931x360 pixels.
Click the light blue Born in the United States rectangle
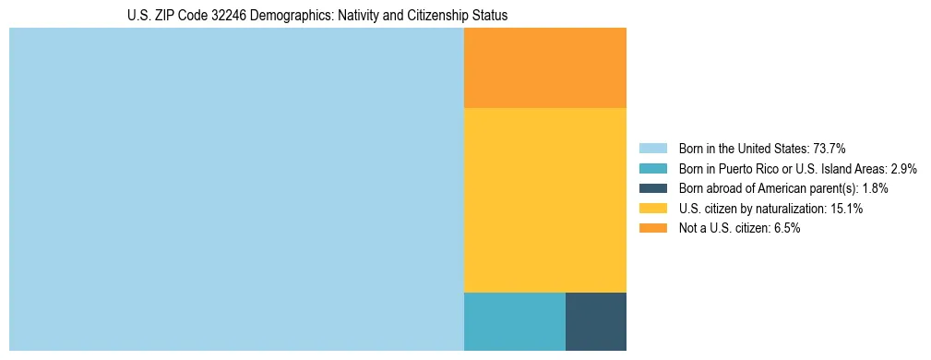click(x=236, y=189)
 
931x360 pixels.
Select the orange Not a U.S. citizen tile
click(x=544, y=67)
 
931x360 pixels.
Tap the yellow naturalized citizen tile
click(x=544, y=199)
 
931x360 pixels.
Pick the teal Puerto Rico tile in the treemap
click(x=514, y=321)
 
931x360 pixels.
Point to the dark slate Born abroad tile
click(x=595, y=321)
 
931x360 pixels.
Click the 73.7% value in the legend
click(x=830, y=149)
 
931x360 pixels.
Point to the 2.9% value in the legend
click(x=903, y=169)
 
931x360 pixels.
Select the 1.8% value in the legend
click(x=876, y=188)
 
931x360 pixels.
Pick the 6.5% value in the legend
click(x=785, y=229)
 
